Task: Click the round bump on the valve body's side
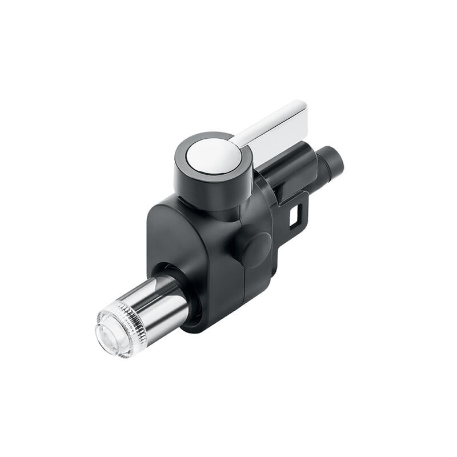tap(253, 246)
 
